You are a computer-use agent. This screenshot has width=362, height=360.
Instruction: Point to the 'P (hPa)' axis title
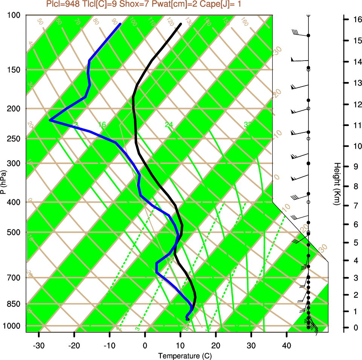tap(3, 182)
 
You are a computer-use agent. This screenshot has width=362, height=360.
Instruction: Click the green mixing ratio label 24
tap(169, 125)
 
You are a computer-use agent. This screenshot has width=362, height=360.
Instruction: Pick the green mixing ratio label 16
tap(102, 125)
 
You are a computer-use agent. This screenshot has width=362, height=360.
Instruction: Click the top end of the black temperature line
tap(181, 24)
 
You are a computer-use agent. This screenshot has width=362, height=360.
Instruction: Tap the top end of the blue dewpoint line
tap(120, 24)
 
